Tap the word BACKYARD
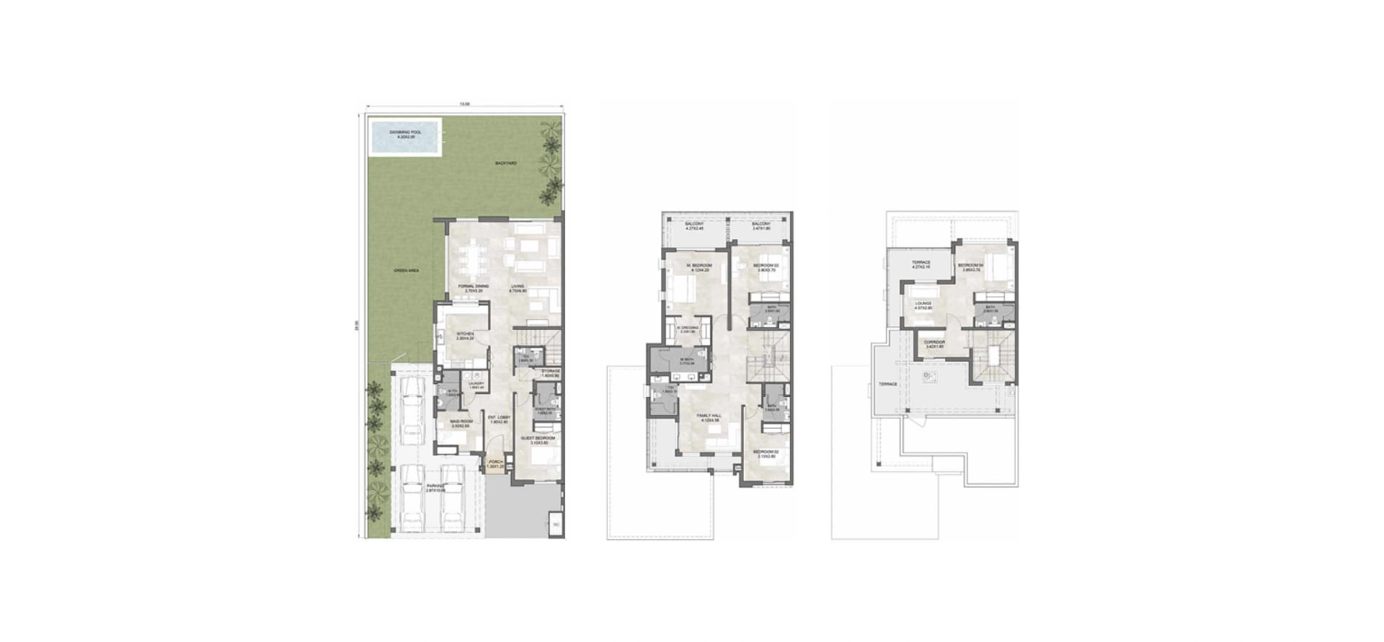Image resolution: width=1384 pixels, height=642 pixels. [x=505, y=164]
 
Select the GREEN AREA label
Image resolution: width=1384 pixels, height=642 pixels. [x=407, y=270]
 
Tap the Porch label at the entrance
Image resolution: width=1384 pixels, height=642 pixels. [x=495, y=463]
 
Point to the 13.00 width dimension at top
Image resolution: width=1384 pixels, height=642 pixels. [x=465, y=104]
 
